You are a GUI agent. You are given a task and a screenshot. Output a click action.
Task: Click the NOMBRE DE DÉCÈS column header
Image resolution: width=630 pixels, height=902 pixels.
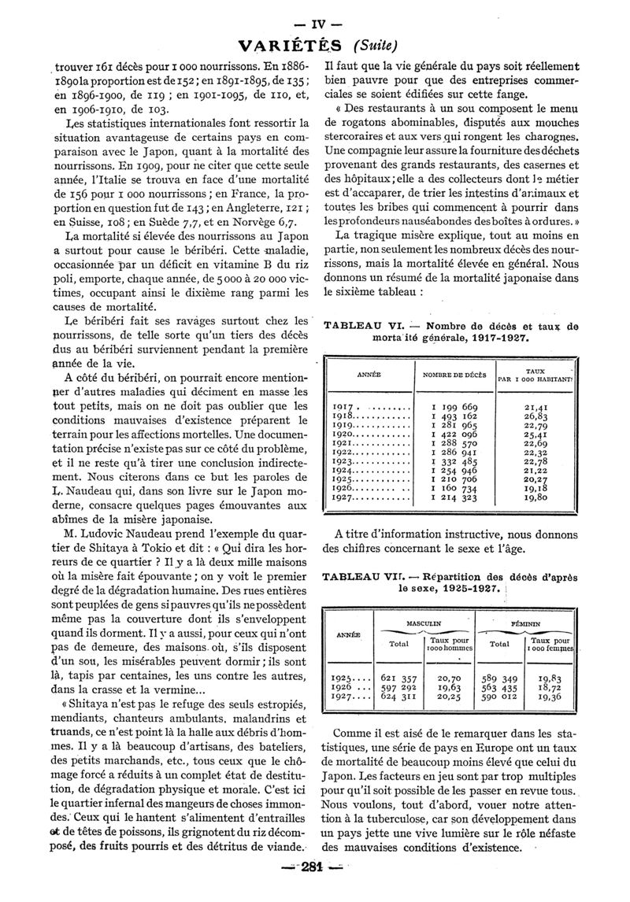(x=455, y=375)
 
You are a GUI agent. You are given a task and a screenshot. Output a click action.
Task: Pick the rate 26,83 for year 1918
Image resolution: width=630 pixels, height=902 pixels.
(x=540, y=416)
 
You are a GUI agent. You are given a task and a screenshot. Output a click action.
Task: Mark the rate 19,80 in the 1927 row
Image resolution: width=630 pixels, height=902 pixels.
(x=540, y=497)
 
